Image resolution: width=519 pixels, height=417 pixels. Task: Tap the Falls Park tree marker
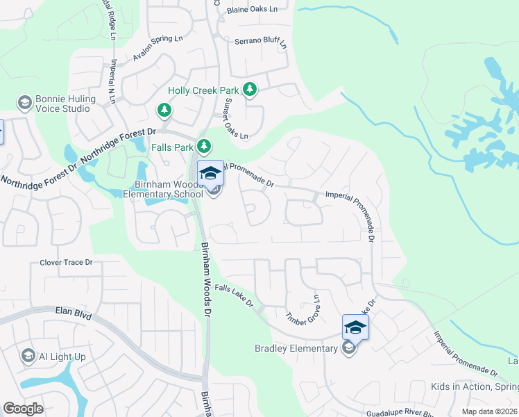203,146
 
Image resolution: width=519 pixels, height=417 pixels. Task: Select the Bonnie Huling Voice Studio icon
25,103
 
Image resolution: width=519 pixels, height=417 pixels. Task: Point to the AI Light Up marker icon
28,357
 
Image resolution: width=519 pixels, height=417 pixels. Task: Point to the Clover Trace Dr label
66,263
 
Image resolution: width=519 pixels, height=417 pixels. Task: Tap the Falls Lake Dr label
235,297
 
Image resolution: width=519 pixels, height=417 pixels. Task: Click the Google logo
24,409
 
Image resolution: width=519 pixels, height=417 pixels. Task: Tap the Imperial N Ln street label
112,81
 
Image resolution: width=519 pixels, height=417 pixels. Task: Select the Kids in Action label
475,386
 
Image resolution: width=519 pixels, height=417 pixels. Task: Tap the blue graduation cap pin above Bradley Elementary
355,327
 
